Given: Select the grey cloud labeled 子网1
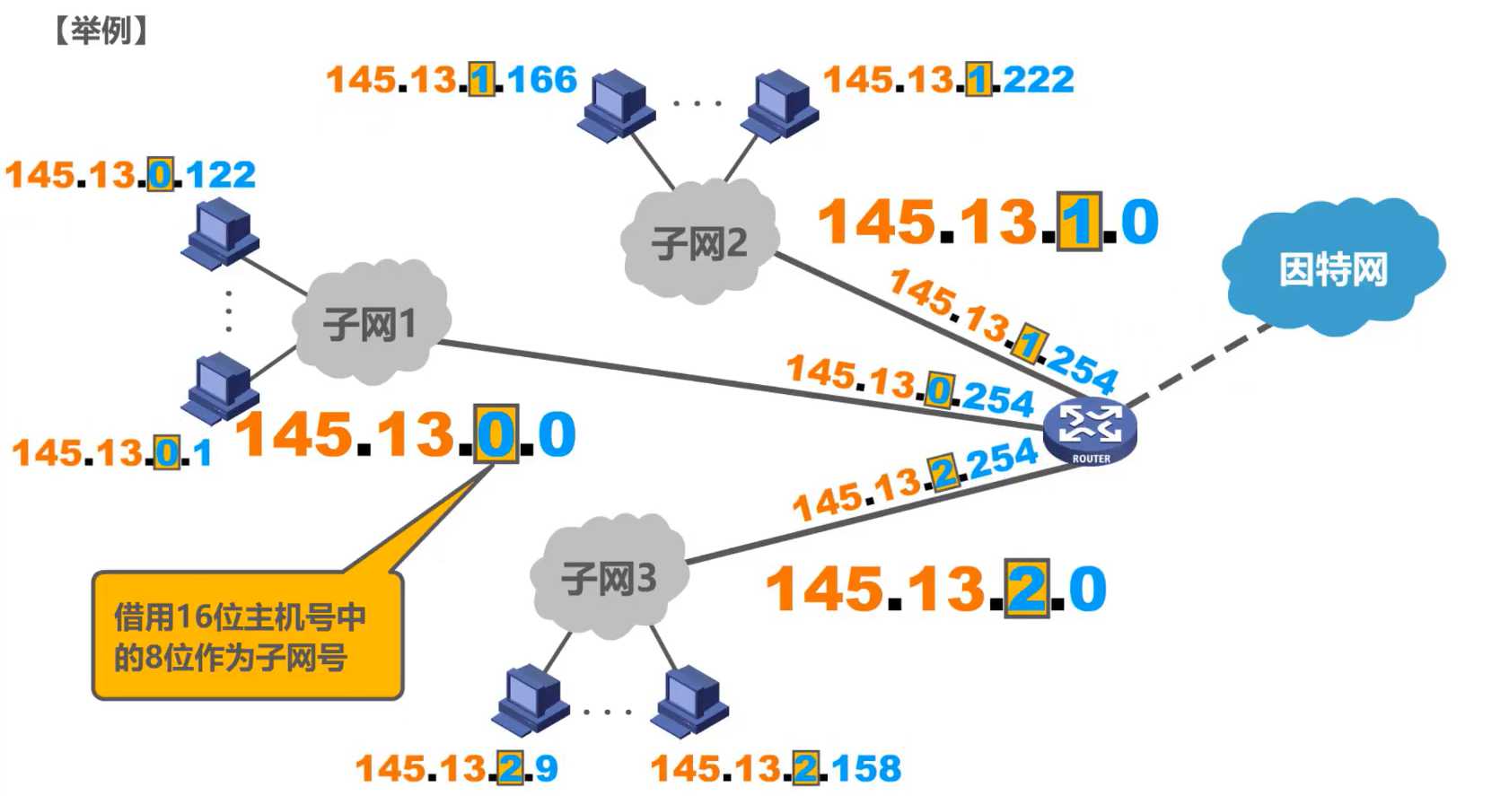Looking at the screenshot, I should [x=370, y=322].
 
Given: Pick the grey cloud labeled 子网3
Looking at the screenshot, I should [x=609, y=578].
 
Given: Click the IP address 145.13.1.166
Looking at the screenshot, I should [x=451, y=80].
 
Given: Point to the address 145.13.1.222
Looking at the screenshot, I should [x=948, y=80].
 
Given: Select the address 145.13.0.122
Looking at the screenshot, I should [x=131, y=174].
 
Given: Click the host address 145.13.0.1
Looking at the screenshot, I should [x=112, y=452].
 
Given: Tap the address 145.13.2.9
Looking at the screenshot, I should [x=457, y=768].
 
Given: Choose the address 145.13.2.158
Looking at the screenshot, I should [x=776, y=768].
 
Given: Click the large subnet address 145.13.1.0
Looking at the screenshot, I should [x=987, y=222].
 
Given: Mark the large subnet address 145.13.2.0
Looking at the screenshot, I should [x=935, y=590].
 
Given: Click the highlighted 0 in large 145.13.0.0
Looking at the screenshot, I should [x=496, y=434].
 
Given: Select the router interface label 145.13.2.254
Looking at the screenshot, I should [x=914, y=479].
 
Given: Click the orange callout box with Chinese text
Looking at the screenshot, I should [x=247, y=635].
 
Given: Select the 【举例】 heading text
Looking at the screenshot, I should [x=101, y=31].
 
